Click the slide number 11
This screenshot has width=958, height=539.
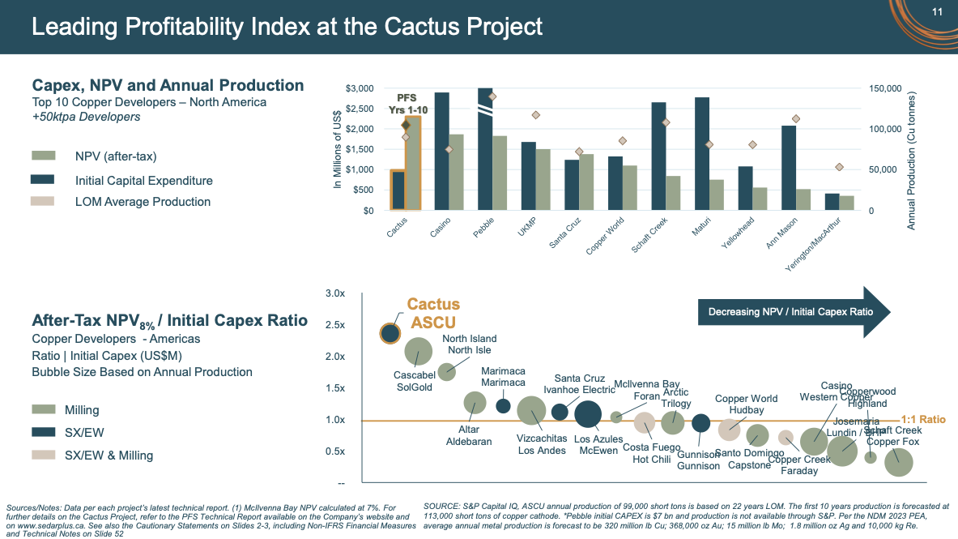(938, 11)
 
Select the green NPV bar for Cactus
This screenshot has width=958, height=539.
(412, 163)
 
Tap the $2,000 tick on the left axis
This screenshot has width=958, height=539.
(360, 129)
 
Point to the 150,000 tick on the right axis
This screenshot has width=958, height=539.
(886, 88)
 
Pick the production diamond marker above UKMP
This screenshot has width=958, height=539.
(535, 115)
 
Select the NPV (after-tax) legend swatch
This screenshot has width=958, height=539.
(43, 156)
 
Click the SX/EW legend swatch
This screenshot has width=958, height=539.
(43, 433)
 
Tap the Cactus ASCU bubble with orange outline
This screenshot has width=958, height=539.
(390, 332)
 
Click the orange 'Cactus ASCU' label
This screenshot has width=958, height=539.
(432, 313)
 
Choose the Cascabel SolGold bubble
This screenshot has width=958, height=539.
(418, 351)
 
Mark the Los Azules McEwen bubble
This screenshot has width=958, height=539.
(587, 413)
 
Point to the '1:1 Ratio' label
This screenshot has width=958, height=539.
(922, 420)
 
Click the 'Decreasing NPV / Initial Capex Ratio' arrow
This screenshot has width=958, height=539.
(794, 311)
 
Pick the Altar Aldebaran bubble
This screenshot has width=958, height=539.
(475, 402)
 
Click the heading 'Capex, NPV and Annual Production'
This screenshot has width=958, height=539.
(168, 85)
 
